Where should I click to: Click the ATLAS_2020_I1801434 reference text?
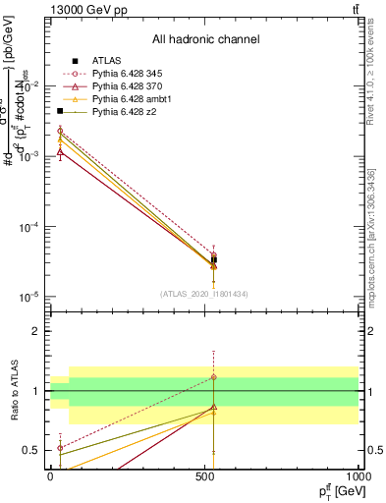tap(204, 294)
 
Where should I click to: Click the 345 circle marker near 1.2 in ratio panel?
tap(214, 377)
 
